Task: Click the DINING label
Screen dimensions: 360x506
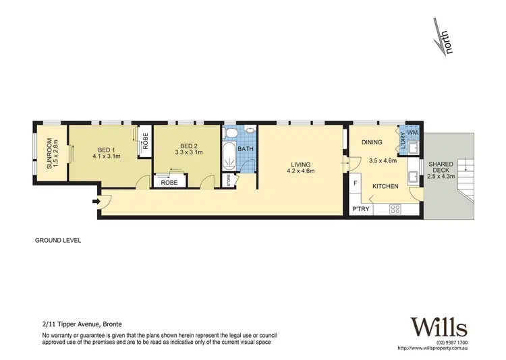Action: pos(372,142)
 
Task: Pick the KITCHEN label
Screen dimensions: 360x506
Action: pos(385,186)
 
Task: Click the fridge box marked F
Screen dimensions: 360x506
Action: pos(356,183)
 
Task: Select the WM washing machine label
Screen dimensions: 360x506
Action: pos(412,132)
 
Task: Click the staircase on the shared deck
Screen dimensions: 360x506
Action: pos(465,179)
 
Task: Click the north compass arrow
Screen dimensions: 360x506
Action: pos(443,39)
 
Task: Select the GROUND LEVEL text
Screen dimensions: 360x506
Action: pos(58,241)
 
